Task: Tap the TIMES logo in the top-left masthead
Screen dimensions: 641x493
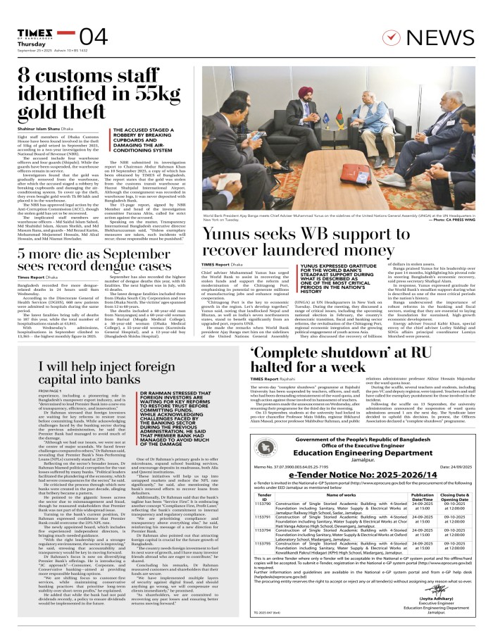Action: [32, 32]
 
